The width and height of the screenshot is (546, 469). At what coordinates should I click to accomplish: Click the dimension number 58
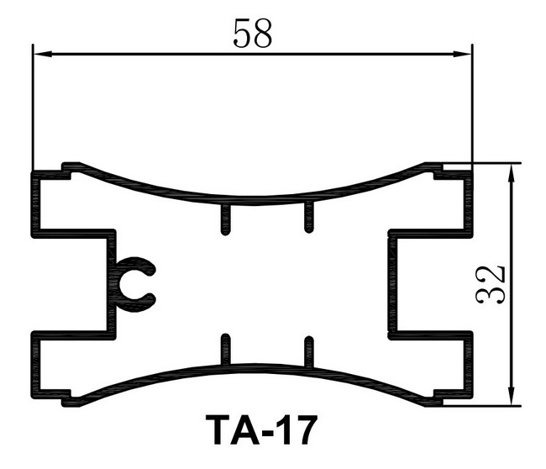click(252, 34)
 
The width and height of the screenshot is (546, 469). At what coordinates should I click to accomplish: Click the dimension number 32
click(490, 285)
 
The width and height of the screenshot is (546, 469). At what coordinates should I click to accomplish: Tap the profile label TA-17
click(261, 429)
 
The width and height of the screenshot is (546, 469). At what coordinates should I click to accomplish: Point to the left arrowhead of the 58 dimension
click(43, 54)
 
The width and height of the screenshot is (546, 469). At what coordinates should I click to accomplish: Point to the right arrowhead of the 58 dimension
click(462, 54)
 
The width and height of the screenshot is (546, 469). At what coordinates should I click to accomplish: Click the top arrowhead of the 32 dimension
click(512, 173)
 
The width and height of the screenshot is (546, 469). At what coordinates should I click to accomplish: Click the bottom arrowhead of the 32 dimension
click(512, 396)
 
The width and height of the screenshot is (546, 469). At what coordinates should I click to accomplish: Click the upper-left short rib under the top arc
click(225, 219)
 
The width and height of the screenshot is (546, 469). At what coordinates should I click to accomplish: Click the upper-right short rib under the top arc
click(308, 218)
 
